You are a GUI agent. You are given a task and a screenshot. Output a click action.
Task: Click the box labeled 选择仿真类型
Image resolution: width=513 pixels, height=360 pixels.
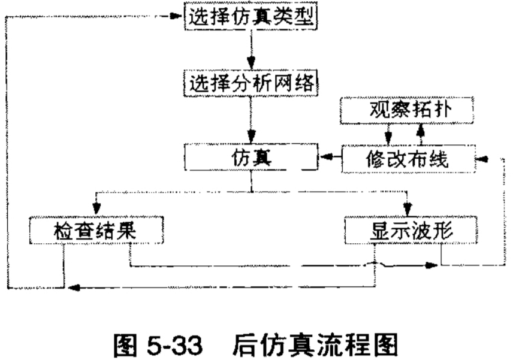tap(250, 17)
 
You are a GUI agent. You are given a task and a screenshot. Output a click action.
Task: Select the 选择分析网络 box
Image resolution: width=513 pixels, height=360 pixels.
tap(250, 83)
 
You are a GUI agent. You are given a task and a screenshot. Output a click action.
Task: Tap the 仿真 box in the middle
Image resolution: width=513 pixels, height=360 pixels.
tap(250, 159)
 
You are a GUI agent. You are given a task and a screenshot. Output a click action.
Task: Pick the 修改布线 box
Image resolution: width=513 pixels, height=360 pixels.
tap(406, 159)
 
